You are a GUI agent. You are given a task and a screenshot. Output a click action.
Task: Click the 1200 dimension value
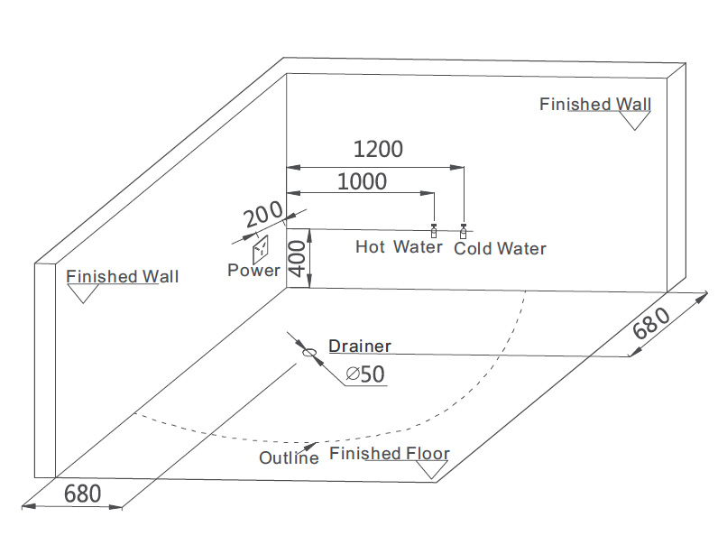click(x=377, y=149)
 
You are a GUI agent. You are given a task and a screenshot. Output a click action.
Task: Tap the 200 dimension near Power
click(x=262, y=217)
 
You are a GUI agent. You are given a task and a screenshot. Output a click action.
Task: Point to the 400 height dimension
click(x=299, y=259)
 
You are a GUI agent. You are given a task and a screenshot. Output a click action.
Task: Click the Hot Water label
click(x=399, y=247)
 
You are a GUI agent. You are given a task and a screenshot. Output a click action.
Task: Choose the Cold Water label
click(x=500, y=248)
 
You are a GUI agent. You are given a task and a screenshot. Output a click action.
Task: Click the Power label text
click(x=253, y=270)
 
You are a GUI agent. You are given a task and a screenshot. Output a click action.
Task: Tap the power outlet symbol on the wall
click(x=260, y=247)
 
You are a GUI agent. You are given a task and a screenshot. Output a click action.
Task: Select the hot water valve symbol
click(x=434, y=233)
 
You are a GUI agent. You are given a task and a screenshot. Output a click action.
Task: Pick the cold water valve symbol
click(x=464, y=233)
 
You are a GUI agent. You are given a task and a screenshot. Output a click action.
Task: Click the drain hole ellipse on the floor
click(x=308, y=354)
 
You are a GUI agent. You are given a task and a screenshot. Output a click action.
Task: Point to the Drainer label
click(x=360, y=346)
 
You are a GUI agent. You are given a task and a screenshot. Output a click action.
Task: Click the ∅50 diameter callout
click(x=365, y=374)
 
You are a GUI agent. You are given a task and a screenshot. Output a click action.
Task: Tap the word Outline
click(x=289, y=457)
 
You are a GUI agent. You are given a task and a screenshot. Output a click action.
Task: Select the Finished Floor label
click(x=390, y=453)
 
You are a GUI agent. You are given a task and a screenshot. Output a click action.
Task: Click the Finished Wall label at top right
click(x=595, y=104)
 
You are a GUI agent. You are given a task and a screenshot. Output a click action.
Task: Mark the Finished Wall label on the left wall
click(x=123, y=276)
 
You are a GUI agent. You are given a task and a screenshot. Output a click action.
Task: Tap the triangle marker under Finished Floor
click(x=434, y=470)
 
